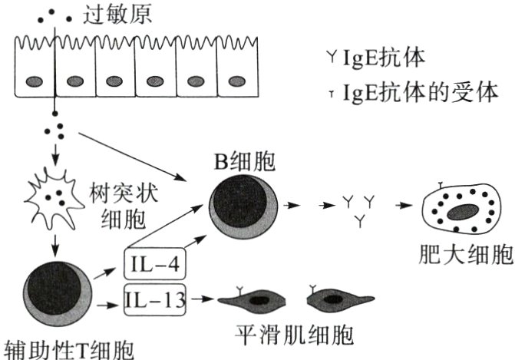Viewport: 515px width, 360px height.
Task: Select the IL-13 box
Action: [156, 299]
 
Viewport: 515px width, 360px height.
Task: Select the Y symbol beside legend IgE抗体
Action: [332, 56]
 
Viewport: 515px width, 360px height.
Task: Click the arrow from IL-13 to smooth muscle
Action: [202, 299]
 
